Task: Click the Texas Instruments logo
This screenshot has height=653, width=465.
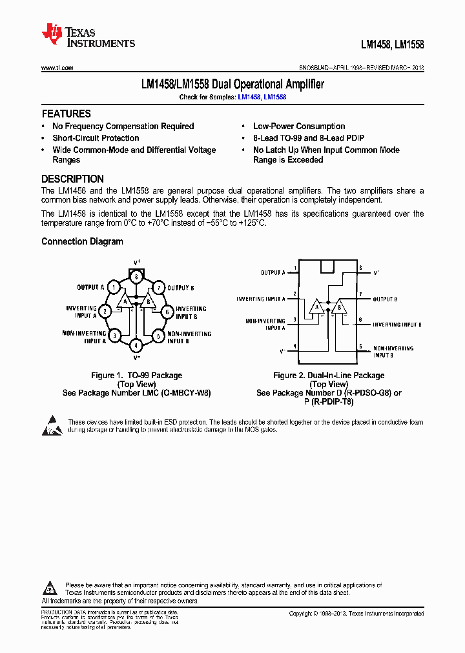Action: coord(88,37)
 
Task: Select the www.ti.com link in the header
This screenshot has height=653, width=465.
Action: coord(57,68)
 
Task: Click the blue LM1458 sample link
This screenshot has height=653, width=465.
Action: coord(249,97)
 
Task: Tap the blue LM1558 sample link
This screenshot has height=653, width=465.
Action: coord(275,97)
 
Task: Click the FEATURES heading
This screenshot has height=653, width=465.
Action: coord(66,114)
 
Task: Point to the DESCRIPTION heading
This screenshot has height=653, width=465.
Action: coord(72,179)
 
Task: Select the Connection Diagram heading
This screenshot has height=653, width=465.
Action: coord(82,242)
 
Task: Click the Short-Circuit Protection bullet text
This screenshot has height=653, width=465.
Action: coord(96,138)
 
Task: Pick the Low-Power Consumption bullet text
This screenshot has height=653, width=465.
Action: coord(298,126)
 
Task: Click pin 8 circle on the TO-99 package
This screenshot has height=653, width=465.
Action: coord(136,276)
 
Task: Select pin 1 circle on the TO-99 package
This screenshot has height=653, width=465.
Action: coord(114,287)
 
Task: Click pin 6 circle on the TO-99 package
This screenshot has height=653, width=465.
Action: coord(167,312)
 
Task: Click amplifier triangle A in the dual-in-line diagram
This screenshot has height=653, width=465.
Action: coord(316,306)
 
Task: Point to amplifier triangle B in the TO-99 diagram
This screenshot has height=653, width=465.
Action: coord(148,302)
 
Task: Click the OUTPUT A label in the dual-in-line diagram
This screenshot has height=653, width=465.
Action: coord(273,273)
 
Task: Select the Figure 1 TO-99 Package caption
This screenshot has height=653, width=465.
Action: coord(136,376)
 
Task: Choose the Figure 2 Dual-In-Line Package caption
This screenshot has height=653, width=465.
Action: coord(329,376)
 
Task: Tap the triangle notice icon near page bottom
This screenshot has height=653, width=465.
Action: coord(50,588)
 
